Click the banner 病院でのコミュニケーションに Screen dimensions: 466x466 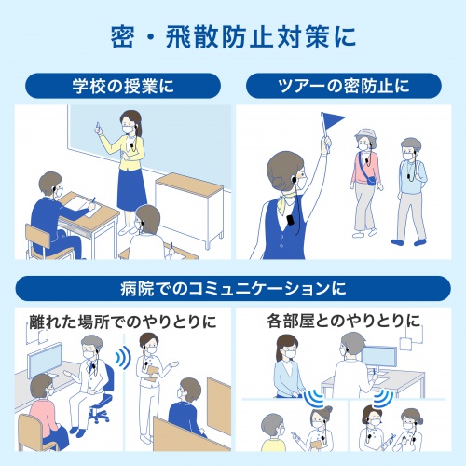pyautogui.click(x=233, y=287)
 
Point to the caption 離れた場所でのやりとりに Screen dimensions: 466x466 pyautogui.click(x=117, y=322)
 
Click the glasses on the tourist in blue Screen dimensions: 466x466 pyautogui.click(x=407, y=148)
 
